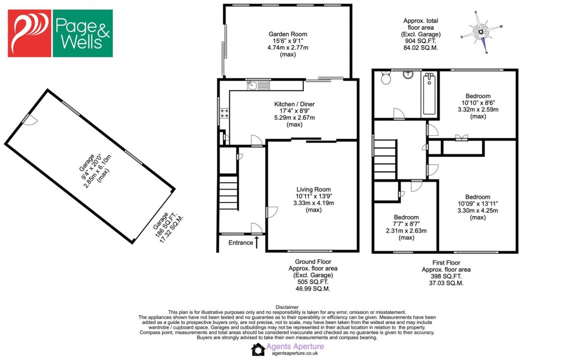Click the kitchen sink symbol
coord(258,86)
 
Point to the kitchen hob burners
coord(224,114)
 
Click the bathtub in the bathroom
coord(428,94)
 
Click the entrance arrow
coord(257,241)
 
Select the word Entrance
coord(241,243)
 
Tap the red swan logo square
coord(29,33)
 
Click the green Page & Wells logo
coord(82,33)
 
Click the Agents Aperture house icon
coord(258,349)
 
